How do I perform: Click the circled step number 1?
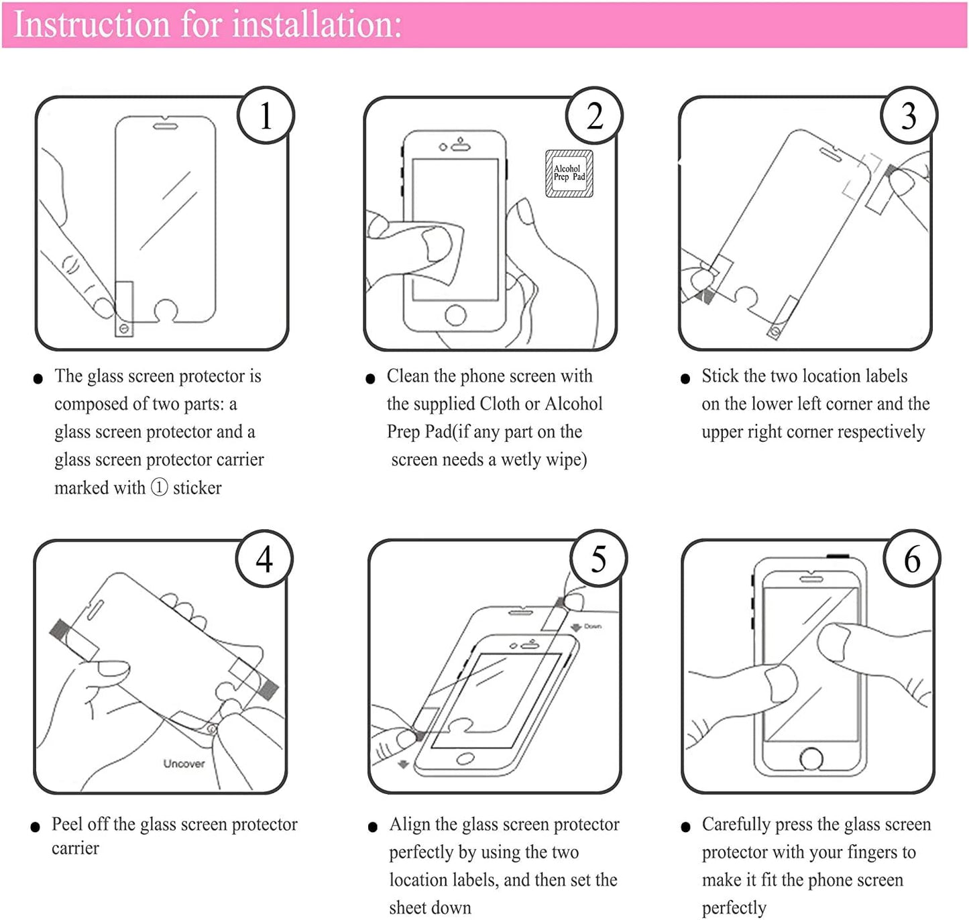click(x=266, y=115)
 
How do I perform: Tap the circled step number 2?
click(x=594, y=115)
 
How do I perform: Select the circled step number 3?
click(x=909, y=115)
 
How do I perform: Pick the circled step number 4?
click(x=264, y=559)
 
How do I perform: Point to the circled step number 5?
click(x=598, y=559)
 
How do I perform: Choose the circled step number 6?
click(x=912, y=559)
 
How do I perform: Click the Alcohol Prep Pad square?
click(x=569, y=174)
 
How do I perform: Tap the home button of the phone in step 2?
click(x=455, y=314)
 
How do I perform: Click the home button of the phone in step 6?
click(x=811, y=759)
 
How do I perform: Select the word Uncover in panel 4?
click(x=184, y=763)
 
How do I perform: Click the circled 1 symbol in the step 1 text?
click(x=159, y=487)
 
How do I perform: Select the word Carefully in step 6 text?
click(x=736, y=824)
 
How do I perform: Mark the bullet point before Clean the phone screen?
click(x=370, y=379)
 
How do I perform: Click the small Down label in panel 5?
click(x=592, y=626)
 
